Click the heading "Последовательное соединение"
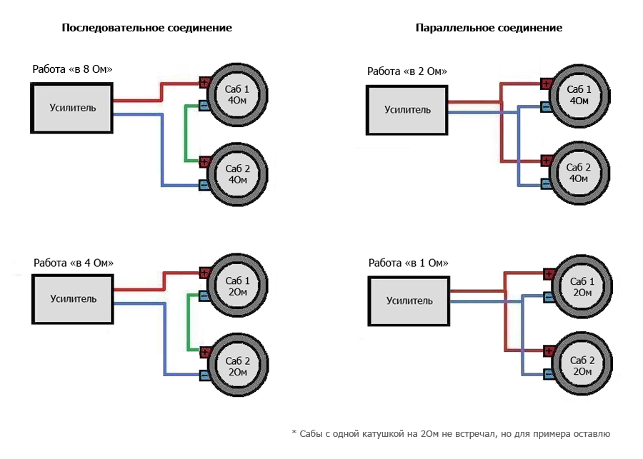(146, 28)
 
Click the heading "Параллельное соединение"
(489, 28)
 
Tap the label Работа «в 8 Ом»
(72, 69)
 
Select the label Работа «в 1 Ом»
(408, 263)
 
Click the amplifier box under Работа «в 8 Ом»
(72, 108)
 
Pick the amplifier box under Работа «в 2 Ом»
(407, 110)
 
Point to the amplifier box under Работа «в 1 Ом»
(408, 301)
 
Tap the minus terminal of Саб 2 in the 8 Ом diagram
(204, 186)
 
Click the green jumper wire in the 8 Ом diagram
(186, 132)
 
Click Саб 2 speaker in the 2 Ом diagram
(579, 172)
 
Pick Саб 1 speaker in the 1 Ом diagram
(582, 288)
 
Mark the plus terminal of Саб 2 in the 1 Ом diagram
(549, 350)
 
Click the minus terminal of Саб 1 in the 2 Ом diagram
(546, 107)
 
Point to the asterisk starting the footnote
(294, 433)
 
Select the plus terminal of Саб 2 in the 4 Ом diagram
(204, 351)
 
